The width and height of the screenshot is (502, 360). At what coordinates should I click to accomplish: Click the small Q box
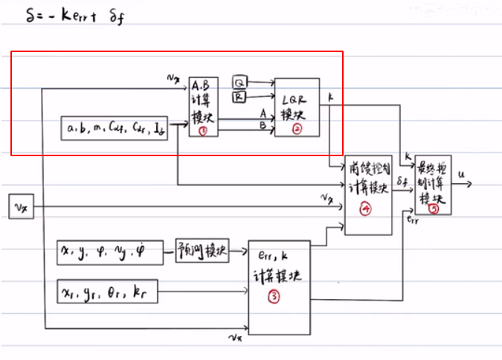(239, 81)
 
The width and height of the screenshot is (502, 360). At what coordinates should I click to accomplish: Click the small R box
(239, 96)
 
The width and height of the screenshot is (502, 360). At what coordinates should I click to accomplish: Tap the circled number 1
(202, 130)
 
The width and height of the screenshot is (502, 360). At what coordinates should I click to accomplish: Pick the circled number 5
(434, 209)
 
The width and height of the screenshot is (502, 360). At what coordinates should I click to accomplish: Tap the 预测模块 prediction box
(202, 250)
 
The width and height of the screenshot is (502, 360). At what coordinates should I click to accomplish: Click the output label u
(462, 174)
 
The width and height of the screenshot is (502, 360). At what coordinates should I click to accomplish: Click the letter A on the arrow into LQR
(263, 113)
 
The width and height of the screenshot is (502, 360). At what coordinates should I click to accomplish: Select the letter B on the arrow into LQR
(263, 126)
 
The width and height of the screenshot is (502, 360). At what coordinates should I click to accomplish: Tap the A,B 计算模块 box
(202, 106)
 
